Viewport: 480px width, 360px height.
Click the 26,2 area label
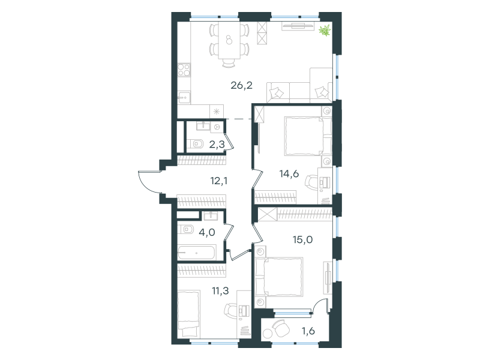click(x=242, y=85)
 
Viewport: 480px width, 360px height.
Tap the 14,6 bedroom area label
click(x=289, y=174)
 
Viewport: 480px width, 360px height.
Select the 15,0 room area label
click(x=303, y=239)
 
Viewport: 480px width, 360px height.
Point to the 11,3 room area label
click(x=220, y=290)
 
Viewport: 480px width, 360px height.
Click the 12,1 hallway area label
click(x=219, y=181)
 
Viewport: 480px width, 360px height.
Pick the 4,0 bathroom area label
click(x=207, y=232)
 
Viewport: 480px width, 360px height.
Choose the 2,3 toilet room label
click(x=217, y=144)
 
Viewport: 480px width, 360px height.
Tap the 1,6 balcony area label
click(x=308, y=331)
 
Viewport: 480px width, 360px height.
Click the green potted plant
click(x=325, y=31)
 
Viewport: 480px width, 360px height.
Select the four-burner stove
click(x=184, y=70)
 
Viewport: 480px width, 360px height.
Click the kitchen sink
click(x=184, y=98)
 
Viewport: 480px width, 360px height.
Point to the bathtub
click(x=197, y=253)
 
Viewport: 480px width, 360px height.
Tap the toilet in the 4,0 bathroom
click(x=186, y=229)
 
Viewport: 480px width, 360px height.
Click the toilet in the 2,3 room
click(x=196, y=143)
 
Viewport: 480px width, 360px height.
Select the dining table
click(x=229, y=40)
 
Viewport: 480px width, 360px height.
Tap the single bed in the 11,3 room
click(x=188, y=313)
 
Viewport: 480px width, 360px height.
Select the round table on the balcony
click(x=268, y=333)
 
